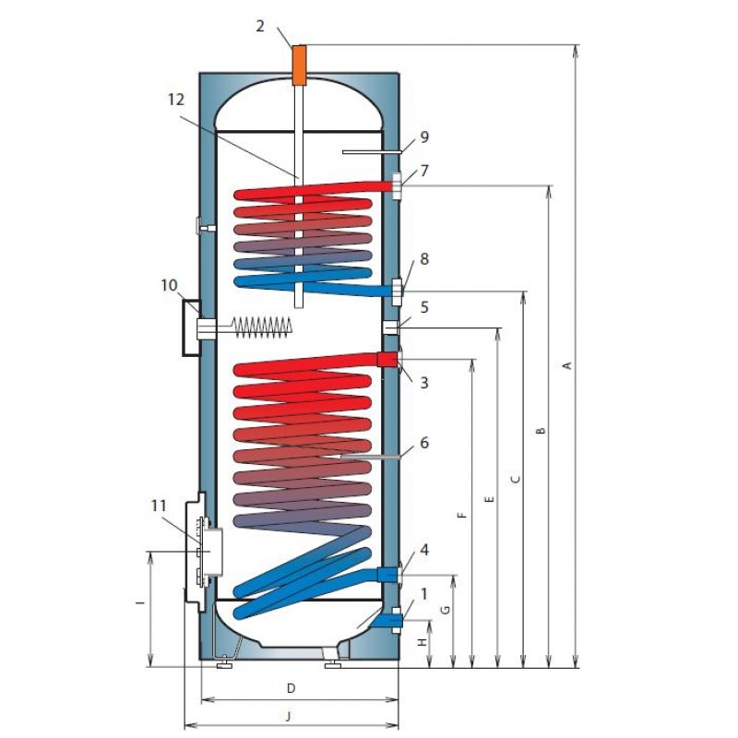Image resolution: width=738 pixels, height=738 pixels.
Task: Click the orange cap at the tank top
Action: coord(299,65)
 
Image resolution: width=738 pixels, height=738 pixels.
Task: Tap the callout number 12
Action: coord(176,100)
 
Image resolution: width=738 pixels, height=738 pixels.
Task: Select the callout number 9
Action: coord(424,137)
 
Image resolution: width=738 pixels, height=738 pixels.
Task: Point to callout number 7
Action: coord(424,171)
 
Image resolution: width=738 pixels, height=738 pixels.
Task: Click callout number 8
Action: coord(424,259)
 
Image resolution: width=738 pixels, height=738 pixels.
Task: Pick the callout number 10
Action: coord(169,285)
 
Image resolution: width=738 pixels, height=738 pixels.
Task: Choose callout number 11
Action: coord(159,506)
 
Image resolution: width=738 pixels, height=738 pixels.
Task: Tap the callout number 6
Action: coord(424,443)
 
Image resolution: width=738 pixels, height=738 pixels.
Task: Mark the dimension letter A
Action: coord(568,364)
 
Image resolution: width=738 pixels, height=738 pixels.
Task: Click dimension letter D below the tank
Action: coord(291,688)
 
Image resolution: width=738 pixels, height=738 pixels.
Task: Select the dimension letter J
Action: coord(289,717)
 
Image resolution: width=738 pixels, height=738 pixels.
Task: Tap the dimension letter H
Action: coord(423,641)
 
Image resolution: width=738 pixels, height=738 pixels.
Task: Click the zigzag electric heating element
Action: coord(262,327)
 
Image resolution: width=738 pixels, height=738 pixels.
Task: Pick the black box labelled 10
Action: coord(192,327)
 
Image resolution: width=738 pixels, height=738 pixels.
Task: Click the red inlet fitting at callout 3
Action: coord(387,360)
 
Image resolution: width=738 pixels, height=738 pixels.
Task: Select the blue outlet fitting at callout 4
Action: coord(388,574)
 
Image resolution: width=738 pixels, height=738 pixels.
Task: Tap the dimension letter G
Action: coord(445,610)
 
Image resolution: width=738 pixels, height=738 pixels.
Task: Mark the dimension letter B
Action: coord(542,430)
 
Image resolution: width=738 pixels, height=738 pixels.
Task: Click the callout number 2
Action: coord(260,27)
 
